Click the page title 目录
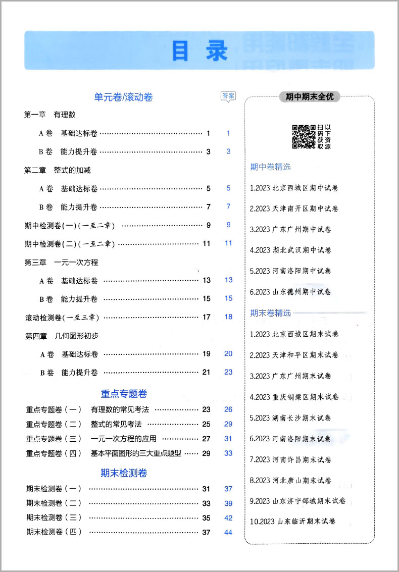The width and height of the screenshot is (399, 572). [x=199, y=51]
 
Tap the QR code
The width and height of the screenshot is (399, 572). [x=304, y=137]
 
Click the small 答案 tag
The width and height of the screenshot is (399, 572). [x=228, y=96]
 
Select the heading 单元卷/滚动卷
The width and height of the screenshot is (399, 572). [x=123, y=97]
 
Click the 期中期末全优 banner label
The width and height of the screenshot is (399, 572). [x=310, y=96]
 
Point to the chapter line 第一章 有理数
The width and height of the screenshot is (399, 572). [x=50, y=115]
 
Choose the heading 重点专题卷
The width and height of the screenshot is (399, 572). [x=124, y=394]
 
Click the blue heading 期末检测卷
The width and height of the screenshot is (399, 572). [x=124, y=473]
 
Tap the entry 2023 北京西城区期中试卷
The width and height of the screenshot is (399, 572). [x=294, y=188]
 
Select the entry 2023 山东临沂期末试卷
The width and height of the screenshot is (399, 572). [x=293, y=521]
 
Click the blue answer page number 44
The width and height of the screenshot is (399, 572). [x=228, y=532]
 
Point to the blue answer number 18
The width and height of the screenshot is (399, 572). [x=228, y=317]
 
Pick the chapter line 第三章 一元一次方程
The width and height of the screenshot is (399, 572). [x=61, y=263]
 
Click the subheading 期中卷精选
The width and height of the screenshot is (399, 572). [x=271, y=167]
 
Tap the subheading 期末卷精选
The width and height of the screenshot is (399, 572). [x=271, y=313]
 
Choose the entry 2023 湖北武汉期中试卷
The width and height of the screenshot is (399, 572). [x=291, y=250]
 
